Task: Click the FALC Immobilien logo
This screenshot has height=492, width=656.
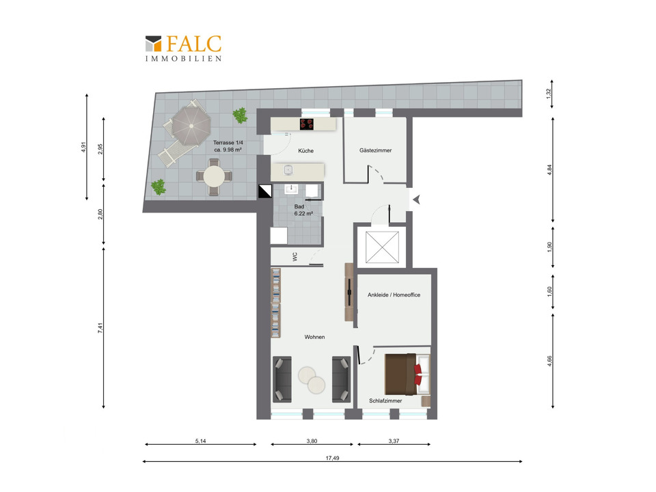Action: [183, 48]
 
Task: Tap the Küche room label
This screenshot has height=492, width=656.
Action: [306, 150]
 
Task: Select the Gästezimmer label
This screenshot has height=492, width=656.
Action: [375, 150]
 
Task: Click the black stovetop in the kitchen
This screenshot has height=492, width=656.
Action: [307, 124]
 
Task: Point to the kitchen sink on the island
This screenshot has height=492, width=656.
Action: [288, 170]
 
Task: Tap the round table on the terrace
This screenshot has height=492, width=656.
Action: [214, 176]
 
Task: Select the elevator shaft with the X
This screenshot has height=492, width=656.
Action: [383, 247]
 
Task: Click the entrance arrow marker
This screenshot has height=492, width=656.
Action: [416, 200]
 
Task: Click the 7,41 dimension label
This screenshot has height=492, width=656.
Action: [100, 328]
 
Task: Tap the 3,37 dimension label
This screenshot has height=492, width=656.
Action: [394, 441]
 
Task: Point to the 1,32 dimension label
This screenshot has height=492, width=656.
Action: [549, 94]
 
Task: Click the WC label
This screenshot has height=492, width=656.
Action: [295, 257]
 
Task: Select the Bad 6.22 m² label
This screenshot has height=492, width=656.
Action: [303, 210]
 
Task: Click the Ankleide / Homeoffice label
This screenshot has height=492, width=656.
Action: [394, 295]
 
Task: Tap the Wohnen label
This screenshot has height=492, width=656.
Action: [314, 337]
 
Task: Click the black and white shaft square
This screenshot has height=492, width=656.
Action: [265, 191]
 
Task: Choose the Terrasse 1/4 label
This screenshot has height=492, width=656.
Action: [228, 146]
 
